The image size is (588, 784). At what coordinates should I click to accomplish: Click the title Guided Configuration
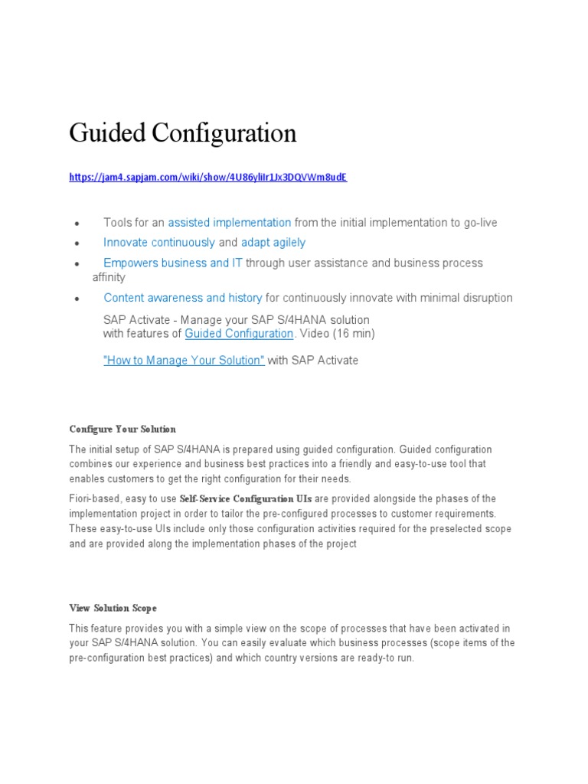pyautogui.click(x=182, y=133)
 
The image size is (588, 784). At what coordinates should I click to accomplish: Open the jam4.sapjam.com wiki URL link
pyautogui.click(x=207, y=177)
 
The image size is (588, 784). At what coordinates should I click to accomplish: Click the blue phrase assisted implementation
pyautogui.click(x=229, y=223)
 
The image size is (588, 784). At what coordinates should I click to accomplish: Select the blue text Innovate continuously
pyautogui.click(x=159, y=243)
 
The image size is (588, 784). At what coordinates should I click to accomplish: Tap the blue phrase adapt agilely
pyautogui.click(x=273, y=243)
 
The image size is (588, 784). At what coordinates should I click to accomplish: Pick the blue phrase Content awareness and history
pyautogui.click(x=182, y=298)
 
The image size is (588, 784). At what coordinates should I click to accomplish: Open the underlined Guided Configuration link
pyautogui.click(x=239, y=334)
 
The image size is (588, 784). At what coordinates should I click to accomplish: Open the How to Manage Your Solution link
pyautogui.click(x=184, y=360)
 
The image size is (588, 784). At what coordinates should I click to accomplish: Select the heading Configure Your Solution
pyautogui.click(x=122, y=429)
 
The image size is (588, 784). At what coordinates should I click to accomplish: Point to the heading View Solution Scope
pyautogui.click(x=113, y=608)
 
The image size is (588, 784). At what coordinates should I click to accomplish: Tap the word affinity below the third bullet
pyautogui.click(x=109, y=277)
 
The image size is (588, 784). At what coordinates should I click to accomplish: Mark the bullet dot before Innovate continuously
pyautogui.click(x=77, y=243)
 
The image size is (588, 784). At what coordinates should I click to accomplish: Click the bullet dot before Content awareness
pyautogui.click(x=77, y=299)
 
